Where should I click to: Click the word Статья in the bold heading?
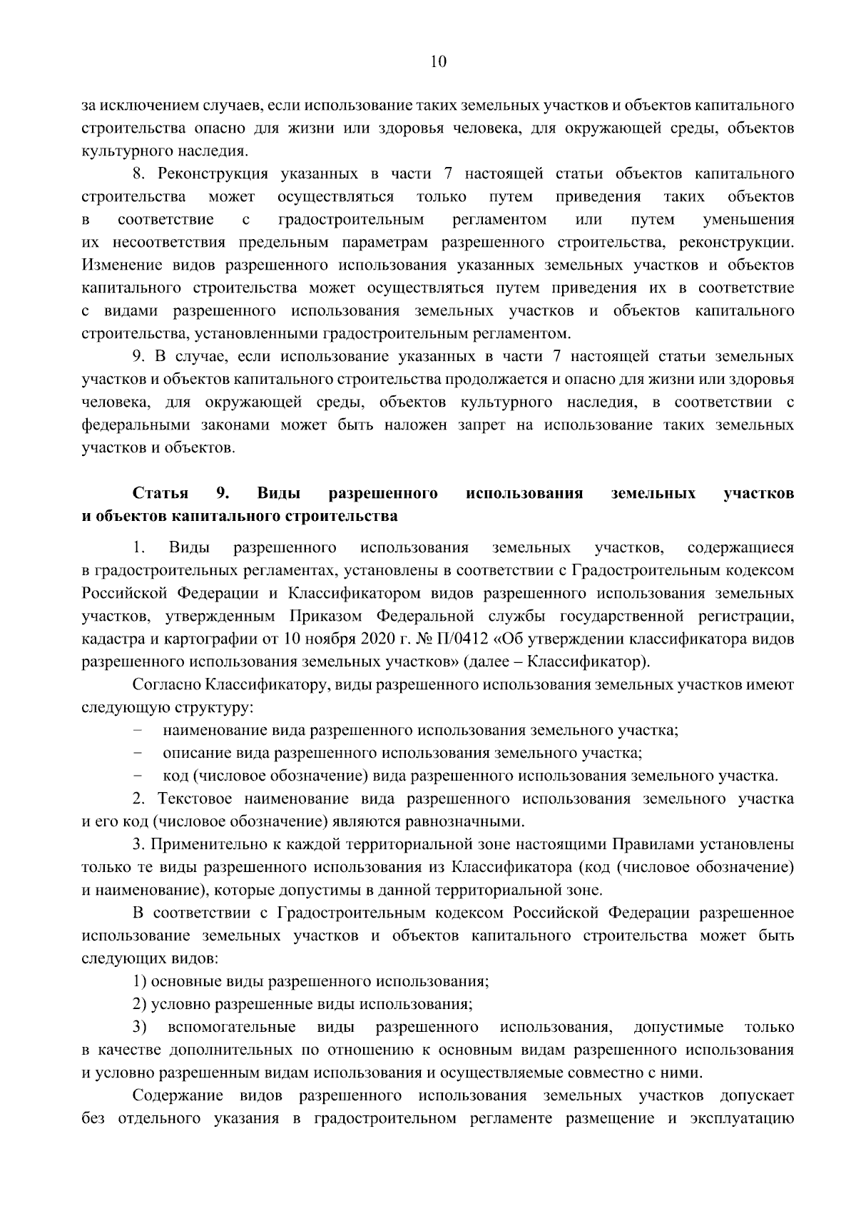160,493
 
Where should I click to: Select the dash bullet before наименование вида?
137,731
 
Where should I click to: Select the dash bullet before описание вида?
137,753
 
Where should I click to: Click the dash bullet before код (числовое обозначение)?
137,776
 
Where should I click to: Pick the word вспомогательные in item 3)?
232,1028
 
